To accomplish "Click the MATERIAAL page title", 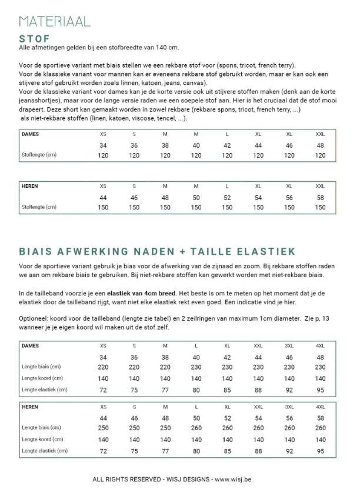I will pyautogui.click(x=55, y=22).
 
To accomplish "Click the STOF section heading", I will pyautogui.click(x=34, y=39).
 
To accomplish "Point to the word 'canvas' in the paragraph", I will pyautogui.click(x=199, y=83).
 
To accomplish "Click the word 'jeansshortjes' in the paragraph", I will pyautogui.click(x=39, y=101).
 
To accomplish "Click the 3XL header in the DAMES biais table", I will pyautogui.click(x=289, y=345).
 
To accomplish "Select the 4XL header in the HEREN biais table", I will pyautogui.click(x=321, y=407).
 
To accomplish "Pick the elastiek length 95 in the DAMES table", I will pyautogui.click(x=321, y=390).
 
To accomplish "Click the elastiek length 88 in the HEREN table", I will pyautogui.click(x=258, y=451).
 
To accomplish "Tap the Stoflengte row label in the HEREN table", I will pyautogui.click(x=39, y=207).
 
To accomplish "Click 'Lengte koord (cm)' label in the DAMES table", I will pyautogui.click(x=42, y=378).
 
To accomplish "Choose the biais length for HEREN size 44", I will pyautogui.click(x=104, y=428).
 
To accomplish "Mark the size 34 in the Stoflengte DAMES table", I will pyautogui.click(x=104, y=145).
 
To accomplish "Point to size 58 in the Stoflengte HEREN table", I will pyautogui.click(x=321, y=198).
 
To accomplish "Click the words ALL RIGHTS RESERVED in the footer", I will pyautogui.click(x=126, y=480).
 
